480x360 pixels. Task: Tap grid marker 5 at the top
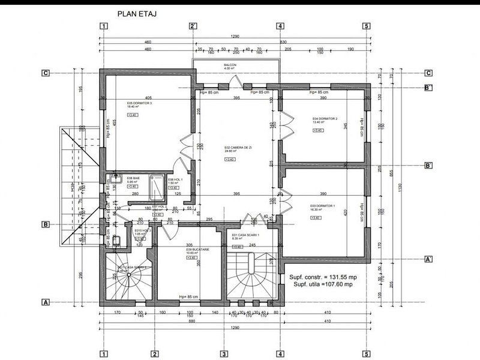pos(365,26)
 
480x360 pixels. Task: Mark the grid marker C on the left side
pos(45,73)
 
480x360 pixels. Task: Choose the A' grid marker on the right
pos(428,259)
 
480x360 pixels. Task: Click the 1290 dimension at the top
pos(234,37)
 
